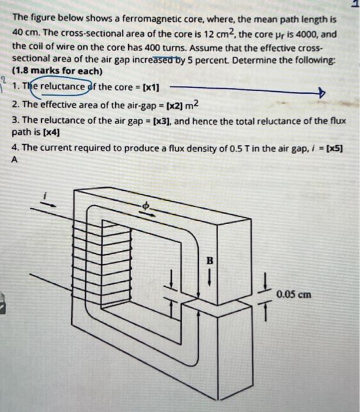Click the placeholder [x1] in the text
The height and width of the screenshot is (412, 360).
click(149, 88)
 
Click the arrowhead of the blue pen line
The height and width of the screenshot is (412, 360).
click(321, 93)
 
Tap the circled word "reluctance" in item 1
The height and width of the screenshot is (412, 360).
click(65, 88)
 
